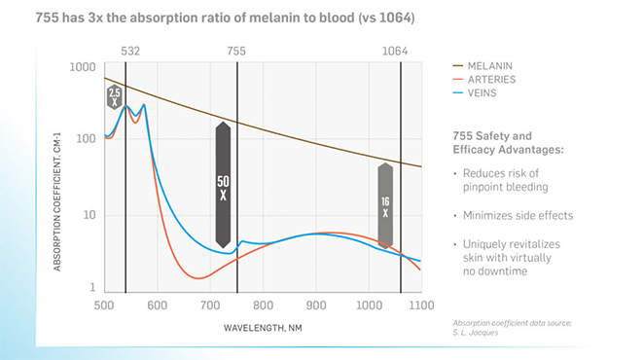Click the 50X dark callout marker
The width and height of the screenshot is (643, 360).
click(x=223, y=185)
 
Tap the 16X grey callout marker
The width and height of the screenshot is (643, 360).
click(x=385, y=206)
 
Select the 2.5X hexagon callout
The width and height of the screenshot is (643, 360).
click(x=115, y=97)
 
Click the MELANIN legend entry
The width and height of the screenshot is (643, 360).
click(x=482, y=66)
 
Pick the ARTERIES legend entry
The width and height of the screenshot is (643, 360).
click(x=484, y=80)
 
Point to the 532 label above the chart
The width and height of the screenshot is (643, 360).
click(x=130, y=52)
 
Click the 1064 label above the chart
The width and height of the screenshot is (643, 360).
click(x=395, y=52)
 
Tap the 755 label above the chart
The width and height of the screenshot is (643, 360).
click(x=236, y=52)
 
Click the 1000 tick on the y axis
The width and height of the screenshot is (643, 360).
click(x=83, y=67)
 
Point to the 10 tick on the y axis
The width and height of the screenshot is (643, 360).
click(x=89, y=215)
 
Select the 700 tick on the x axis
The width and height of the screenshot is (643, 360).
click(x=210, y=306)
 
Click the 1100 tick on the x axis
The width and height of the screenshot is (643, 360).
click(x=421, y=306)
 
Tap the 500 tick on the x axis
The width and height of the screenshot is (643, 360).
click(x=104, y=306)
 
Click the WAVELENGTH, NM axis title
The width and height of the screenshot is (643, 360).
click(x=263, y=328)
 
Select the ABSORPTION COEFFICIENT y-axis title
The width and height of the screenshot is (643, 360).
click(x=57, y=201)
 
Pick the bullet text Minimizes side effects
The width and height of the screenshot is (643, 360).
click(x=518, y=216)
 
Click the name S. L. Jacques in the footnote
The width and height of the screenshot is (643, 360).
click(x=476, y=333)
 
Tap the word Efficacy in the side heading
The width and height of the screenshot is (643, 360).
click(x=474, y=150)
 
